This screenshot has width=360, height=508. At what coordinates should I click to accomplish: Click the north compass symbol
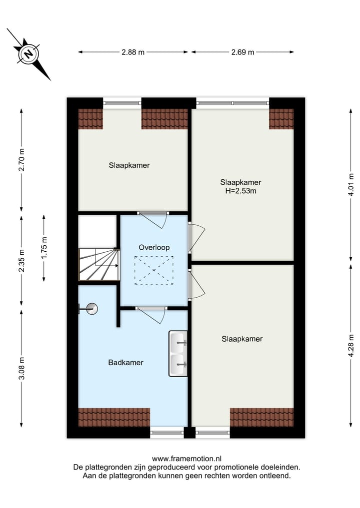[x=29, y=53]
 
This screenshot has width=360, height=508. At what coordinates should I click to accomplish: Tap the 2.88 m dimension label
[x=133, y=52]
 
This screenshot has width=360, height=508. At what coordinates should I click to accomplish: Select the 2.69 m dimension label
[x=242, y=52]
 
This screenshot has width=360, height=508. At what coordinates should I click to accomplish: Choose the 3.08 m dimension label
[x=21, y=369]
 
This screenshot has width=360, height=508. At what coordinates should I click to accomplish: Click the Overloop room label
[x=154, y=247]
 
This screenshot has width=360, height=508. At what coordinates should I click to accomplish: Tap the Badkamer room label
[x=125, y=363]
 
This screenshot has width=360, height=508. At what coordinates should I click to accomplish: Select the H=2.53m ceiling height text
[x=241, y=191]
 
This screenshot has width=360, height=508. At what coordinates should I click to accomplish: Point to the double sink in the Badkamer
[x=178, y=354]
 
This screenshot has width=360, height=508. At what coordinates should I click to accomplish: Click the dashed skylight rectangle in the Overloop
[x=153, y=270]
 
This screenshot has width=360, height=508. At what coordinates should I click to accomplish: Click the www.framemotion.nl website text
[x=186, y=458]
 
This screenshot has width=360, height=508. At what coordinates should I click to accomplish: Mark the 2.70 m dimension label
[x=21, y=160]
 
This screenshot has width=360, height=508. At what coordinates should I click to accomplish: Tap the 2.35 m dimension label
[x=21, y=260]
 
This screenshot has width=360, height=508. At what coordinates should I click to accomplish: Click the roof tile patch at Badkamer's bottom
[x=114, y=417]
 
